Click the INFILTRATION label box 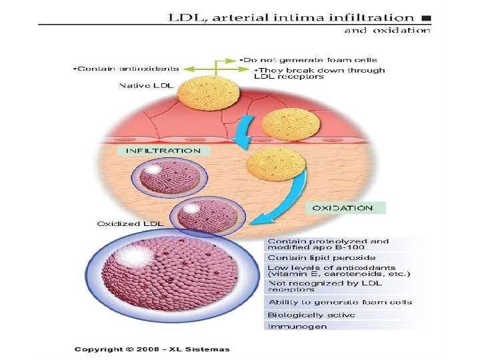coord(163,151)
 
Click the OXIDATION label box coord(345,208)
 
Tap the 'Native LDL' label coord(146,85)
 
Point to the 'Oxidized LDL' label coord(130,224)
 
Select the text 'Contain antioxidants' coord(127,69)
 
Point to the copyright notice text coord(152,349)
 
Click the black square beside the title coord(427,18)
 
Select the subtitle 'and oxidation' coord(387,30)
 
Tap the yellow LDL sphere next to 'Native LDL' coord(208,93)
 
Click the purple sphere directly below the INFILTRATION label coord(169,177)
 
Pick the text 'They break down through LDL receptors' coord(319,73)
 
